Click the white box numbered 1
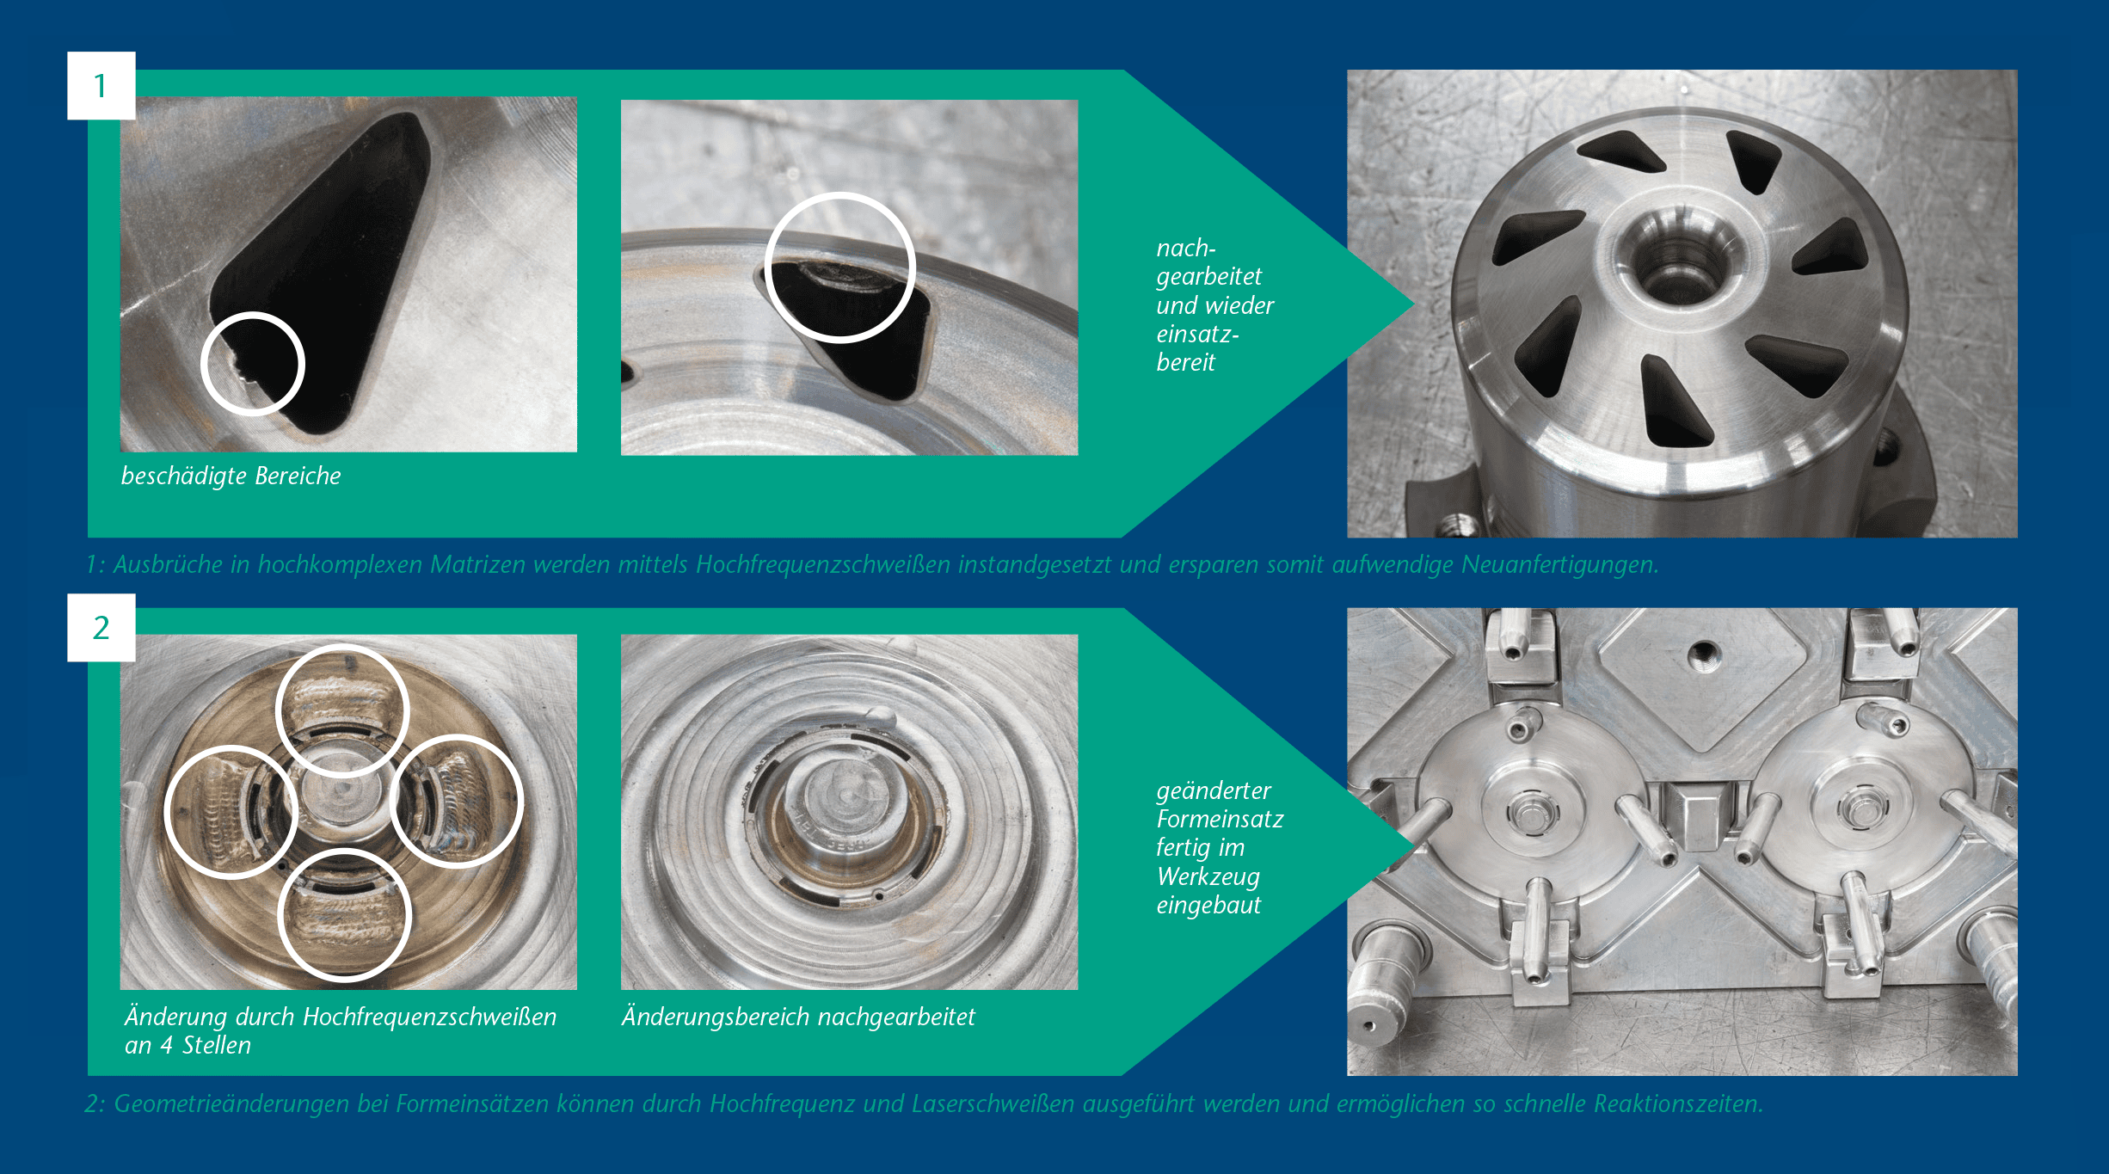pyautogui.click(x=101, y=85)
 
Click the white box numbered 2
pyautogui.click(x=101, y=627)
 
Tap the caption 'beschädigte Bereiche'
pyautogui.click(x=231, y=476)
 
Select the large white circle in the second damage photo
pyautogui.click(x=766, y=267)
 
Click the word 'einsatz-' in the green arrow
pyautogui.click(x=1197, y=334)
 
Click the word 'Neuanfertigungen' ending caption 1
pyautogui.click(x=1559, y=564)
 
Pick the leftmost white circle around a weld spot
pyautogui.click(x=166, y=812)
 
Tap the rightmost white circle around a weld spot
pyautogui.click(x=521, y=802)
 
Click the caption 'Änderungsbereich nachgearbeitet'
pyautogui.click(x=798, y=1017)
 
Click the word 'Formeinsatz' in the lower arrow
pyautogui.click(x=1220, y=819)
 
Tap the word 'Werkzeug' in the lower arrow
pyautogui.click(x=1208, y=876)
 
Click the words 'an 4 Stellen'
pyautogui.click(x=188, y=1045)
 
